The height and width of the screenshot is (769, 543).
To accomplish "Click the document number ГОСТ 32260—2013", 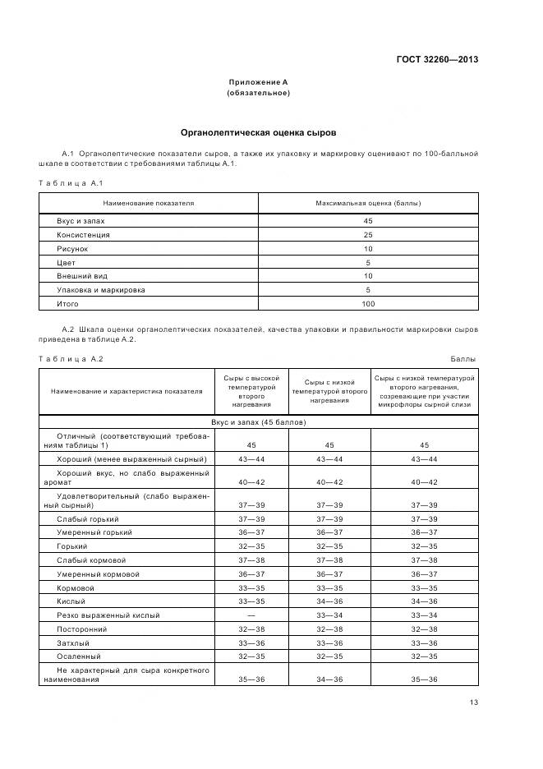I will [439, 59].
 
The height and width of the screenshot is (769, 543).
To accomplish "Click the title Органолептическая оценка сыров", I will [257, 132].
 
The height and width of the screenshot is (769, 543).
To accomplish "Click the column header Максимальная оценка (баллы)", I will [368, 203].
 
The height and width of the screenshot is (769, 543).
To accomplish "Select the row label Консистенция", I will [83, 235].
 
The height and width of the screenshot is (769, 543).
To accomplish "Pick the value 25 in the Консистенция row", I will [368, 235].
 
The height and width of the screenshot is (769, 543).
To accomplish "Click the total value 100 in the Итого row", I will [368, 305].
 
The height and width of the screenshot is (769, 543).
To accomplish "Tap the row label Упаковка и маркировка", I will [100, 291].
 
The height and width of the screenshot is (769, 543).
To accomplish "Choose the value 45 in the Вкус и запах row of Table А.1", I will [368, 221].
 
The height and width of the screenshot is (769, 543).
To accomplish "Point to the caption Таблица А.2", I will [71, 359].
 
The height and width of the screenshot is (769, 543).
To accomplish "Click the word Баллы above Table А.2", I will [463, 359].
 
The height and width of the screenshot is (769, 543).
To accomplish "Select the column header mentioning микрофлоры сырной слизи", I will [425, 391].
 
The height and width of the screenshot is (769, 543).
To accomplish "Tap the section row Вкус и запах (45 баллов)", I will [258, 421].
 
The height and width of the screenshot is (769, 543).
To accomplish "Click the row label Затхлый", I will [73, 643].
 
